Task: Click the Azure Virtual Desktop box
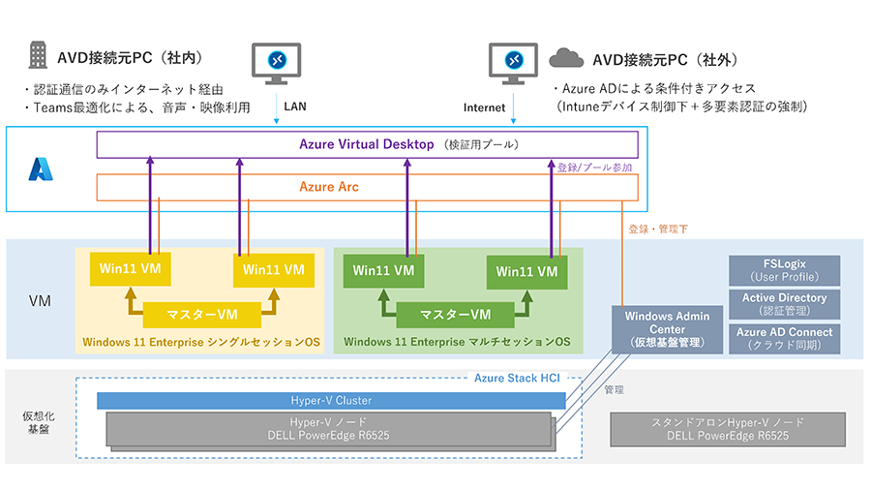coord(367,144)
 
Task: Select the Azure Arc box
coord(367,187)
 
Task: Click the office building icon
coord(37,55)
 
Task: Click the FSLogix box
coord(784,270)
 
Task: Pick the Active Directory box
coord(784,304)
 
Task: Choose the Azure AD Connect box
coord(784,338)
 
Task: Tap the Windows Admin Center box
coord(668,329)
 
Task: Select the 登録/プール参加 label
coord(595,168)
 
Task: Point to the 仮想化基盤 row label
coord(32,422)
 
